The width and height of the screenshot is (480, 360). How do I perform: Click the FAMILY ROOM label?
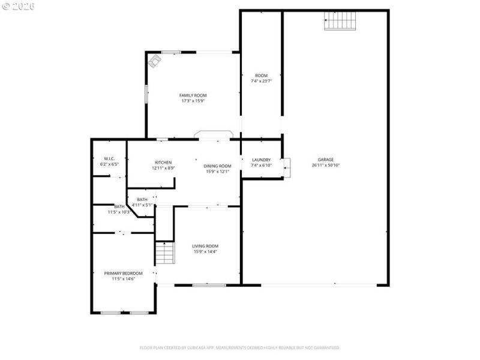[x=193, y=95]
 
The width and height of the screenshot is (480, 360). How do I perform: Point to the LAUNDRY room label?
[x=261, y=160]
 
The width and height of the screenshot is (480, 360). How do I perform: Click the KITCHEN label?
[x=163, y=163]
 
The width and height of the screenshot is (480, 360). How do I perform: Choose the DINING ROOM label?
[x=218, y=166]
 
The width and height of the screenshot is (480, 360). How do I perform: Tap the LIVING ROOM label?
[x=205, y=246]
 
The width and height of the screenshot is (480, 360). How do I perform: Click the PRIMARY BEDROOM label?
[x=124, y=273]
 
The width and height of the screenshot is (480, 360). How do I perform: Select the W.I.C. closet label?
[x=109, y=158]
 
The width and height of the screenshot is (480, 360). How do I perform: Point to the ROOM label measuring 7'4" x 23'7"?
[x=261, y=76]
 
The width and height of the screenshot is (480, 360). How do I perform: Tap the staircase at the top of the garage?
[x=341, y=22]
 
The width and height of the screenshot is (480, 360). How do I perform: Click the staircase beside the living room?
[x=164, y=253]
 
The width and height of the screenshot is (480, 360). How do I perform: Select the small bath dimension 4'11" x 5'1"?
[x=142, y=205]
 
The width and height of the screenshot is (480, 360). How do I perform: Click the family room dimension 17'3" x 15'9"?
[x=193, y=101]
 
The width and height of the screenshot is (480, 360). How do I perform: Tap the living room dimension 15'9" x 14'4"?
[x=205, y=252]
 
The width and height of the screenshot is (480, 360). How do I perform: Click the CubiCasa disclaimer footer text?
[x=240, y=347]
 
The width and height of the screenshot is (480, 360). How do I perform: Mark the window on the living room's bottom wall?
[x=209, y=285]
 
